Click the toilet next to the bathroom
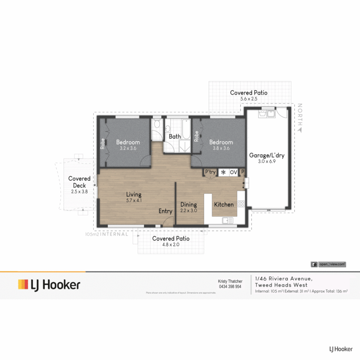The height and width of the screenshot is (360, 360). point(156,126)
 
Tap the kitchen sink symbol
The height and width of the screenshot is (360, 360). point(228,220)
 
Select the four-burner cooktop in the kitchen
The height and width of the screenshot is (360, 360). point(241,203)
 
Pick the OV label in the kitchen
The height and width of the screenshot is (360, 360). point(233,172)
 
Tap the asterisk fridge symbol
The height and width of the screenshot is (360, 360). point(223,172)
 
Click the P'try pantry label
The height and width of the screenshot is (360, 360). point(210,172)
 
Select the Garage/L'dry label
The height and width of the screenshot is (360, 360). point(267,155)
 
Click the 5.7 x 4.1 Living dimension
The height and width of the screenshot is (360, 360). point(133,201)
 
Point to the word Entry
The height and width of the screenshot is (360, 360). point(165,211)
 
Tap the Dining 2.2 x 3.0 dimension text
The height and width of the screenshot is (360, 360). point(188,211)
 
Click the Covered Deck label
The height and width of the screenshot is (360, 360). point(79,182)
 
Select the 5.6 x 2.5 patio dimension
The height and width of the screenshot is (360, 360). point(248,99)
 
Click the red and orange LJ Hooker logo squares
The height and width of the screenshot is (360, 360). point(23,284)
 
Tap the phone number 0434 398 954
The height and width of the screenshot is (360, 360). point(230,287)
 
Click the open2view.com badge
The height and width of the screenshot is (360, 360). point(328,264)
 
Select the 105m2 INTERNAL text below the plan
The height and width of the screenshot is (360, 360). point(107,234)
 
